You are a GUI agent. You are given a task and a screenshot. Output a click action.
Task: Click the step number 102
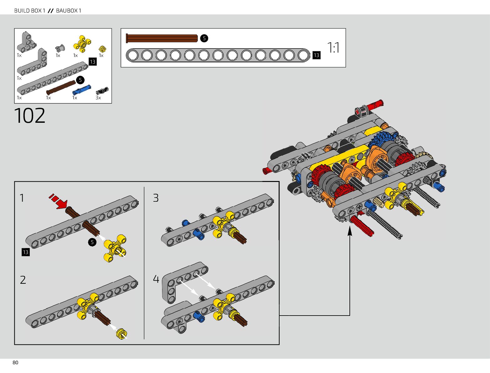click(x=30, y=116)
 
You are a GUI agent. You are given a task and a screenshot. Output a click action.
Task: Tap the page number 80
click(x=15, y=363)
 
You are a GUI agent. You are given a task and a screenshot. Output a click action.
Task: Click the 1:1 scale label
click(x=333, y=48)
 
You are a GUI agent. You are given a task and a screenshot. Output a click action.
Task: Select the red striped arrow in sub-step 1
click(x=58, y=201)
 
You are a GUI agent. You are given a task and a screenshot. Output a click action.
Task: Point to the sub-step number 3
click(x=156, y=198)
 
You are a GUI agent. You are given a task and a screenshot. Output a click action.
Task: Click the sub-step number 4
click(x=156, y=279)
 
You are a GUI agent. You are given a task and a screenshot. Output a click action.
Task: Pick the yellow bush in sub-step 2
click(x=121, y=334)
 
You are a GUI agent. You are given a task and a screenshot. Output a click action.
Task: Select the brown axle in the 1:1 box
click(x=162, y=38)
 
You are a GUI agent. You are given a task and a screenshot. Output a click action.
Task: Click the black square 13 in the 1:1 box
click(x=316, y=55)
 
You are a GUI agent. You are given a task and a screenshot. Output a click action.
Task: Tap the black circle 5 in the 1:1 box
click(x=204, y=38)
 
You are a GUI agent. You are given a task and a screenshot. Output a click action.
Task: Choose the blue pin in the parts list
click(x=81, y=90)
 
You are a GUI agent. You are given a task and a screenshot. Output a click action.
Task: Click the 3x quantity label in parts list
click(x=98, y=98)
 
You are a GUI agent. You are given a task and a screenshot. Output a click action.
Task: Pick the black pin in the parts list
click(x=102, y=91)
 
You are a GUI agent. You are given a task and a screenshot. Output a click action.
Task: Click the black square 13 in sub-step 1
click(x=25, y=252)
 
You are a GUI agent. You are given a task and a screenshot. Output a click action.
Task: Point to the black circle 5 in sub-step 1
click(x=92, y=242)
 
